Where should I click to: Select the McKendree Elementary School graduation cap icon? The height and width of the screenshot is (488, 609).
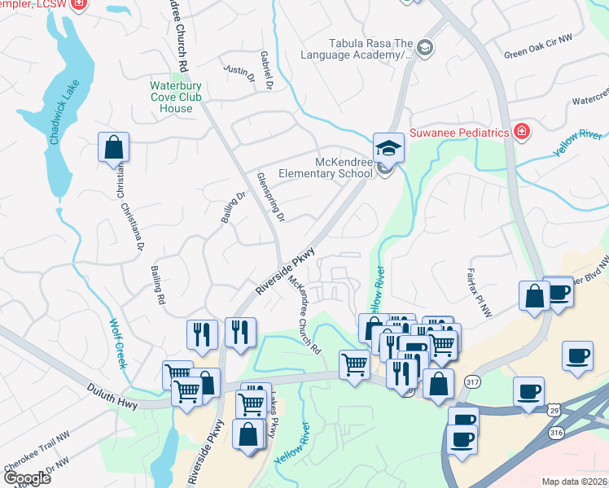click(x=388, y=147)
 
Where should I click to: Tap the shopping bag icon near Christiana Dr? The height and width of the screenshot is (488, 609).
click(x=114, y=149)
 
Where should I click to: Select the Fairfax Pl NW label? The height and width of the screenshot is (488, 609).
click(x=475, y=284)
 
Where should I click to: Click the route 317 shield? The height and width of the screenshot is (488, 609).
click(x=472, y=381)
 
